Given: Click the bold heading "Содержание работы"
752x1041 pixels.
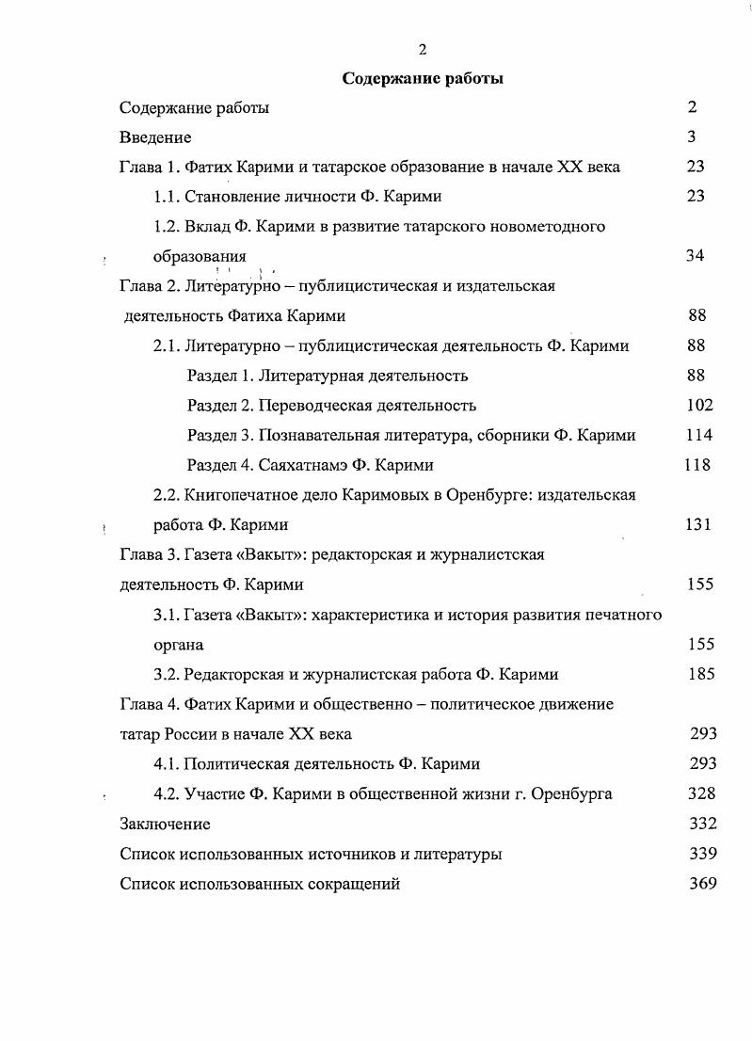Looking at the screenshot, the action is (422, 79).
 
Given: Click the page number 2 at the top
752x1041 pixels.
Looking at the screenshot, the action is (423, 50).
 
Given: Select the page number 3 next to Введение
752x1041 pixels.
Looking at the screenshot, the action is (692, 137).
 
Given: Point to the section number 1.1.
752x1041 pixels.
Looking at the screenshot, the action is (167, 197).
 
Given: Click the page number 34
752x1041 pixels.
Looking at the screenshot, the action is (695, 256).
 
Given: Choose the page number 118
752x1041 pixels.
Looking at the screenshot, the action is (696, 465).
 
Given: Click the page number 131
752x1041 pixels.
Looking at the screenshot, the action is (698, 524).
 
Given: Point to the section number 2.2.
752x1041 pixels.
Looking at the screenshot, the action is (167, 495).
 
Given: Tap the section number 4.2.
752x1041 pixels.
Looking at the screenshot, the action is (167, 793).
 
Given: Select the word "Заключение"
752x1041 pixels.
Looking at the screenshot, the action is (165, 825).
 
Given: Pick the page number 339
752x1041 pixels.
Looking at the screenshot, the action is (702, 854).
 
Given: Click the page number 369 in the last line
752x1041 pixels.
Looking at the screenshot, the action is (702, 884).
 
